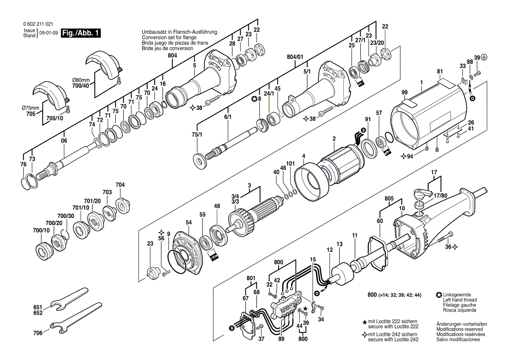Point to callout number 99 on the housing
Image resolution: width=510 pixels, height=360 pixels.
pos(405,92)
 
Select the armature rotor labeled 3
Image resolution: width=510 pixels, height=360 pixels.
pos(255,214)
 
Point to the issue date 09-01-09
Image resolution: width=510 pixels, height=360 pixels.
pos(48,33)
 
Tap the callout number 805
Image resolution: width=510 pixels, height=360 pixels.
pos(390,199)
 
